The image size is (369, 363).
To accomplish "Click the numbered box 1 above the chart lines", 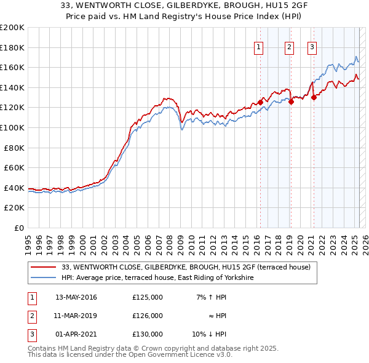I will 258,47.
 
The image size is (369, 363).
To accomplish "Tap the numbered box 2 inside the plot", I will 289,47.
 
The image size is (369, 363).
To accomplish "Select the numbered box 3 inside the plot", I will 312,47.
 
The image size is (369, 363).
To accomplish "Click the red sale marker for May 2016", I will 260,102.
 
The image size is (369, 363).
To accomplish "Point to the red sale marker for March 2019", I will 291,102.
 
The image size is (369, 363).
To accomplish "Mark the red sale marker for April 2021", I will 314,97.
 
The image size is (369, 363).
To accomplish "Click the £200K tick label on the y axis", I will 12,28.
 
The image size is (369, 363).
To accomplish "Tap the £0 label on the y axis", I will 18,228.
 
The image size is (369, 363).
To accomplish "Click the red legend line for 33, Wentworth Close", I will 43,268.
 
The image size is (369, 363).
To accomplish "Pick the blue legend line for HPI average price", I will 43,277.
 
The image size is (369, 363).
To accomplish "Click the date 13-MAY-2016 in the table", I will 76,297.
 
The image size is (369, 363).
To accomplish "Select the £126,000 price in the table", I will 148,316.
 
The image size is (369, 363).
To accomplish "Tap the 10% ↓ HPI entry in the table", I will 209,335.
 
